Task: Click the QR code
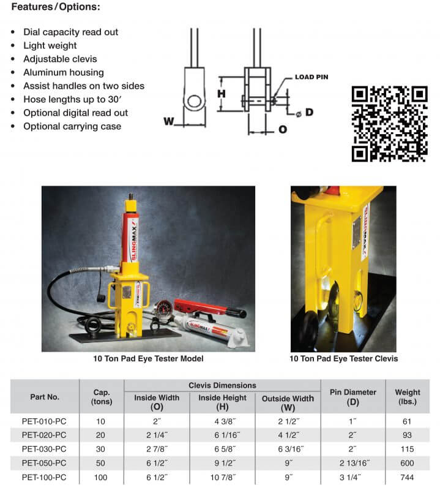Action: [x=389, y=124]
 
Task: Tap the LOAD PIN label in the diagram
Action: [x=311, y=77]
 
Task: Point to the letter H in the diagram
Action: [x=222, y=94]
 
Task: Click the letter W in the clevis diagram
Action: [x=168, y=121]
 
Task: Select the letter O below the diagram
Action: [x=282, y=129]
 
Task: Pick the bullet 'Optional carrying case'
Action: [x=72, y=126]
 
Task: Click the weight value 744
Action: [x=408, y=476]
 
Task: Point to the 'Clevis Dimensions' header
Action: [x=222, y=385]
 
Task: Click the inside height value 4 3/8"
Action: [x=222, y=421]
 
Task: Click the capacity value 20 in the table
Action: [x=102, y=435]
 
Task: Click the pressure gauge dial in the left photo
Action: [x=163, y=306]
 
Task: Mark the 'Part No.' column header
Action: [x=45, y=396]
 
